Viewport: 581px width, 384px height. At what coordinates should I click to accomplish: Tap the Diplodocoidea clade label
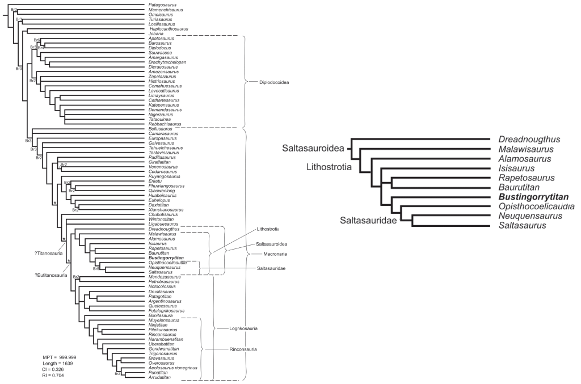coord(270,82)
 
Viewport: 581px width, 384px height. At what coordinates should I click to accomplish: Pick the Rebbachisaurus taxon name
coord(164,124)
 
